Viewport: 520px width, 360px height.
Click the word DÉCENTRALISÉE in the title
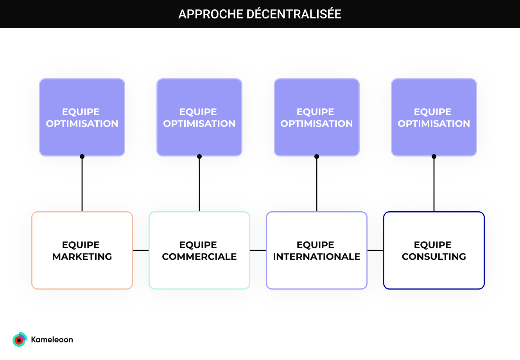coord(294,14)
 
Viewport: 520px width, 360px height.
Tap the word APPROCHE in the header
coord(211,14)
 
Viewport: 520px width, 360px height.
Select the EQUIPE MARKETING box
coord(82,250)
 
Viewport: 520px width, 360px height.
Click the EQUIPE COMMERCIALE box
coord(199,250)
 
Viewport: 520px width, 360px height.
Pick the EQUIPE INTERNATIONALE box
coord(317,250)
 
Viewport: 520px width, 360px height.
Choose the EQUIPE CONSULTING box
coord(434,250)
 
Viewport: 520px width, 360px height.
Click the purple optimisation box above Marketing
coord(82,117)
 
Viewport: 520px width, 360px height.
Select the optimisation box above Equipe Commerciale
coord(199,117)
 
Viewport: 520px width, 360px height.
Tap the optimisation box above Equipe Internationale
coord(317,117)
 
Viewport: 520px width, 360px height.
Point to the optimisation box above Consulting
coord(434,117)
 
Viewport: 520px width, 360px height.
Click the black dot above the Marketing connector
coord(82,157)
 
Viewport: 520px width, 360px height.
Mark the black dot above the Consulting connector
coord(434,157)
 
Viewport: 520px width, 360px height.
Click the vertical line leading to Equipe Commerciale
coord(199,184)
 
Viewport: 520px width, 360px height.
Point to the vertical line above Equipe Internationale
coord(317,184)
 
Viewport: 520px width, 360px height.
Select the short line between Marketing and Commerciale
coord(141,250)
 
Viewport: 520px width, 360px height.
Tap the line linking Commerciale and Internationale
coord(258,250)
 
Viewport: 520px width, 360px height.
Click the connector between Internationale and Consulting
coord(375,250)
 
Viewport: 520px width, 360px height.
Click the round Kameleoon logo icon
coord(20,340)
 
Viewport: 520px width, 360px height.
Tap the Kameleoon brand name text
coord(52,340)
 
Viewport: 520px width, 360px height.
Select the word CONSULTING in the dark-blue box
coord(434,257)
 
